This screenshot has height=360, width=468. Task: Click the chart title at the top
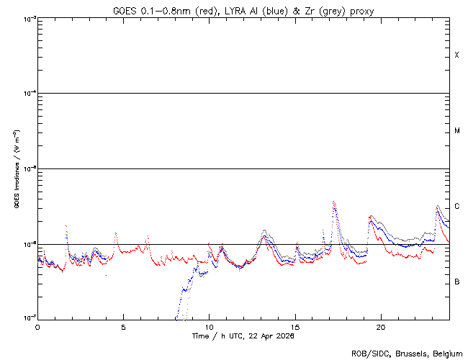tap(243, 11)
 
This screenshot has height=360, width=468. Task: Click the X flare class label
tap(456, 55)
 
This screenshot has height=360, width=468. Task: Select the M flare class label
tap(456, 131)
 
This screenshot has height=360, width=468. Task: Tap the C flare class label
tap(456, 207)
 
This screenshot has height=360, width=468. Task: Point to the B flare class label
tap(456, 282)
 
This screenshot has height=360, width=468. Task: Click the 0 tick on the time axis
tap(37, 326)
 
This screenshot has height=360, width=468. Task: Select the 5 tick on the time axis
tap(123, 326)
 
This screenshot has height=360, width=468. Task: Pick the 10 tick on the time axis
tap(209, 326)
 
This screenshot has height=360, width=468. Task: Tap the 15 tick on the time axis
tap(295, 326)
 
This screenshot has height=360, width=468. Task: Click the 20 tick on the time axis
tap(381, 326)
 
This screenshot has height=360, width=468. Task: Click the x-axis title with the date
tap(243, 336)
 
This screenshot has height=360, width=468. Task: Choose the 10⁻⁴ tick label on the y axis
tap(30, 94)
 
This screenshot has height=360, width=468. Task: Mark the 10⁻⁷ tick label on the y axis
tap(30, 318)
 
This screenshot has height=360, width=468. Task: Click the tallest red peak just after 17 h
tap(333, 202)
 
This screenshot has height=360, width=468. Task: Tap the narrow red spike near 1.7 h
tap(66, 226)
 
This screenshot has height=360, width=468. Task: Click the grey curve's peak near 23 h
tap(438, 206)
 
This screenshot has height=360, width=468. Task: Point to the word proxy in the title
tap(361, 11)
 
